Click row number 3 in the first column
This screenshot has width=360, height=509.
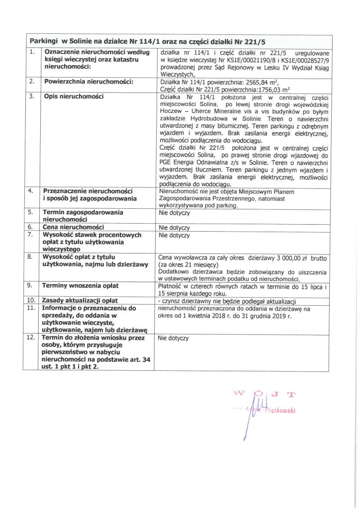(x=31, y=96)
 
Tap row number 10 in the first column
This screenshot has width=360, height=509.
(x=31, y=301)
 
